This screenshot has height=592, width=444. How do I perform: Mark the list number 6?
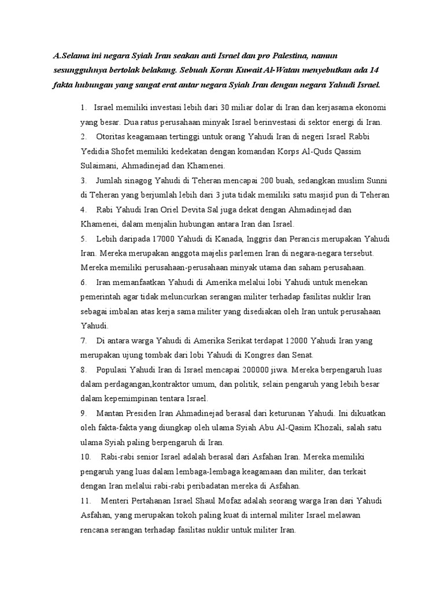pyautogui.click(x=84, y=282)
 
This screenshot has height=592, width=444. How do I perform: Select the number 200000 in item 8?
pyautogui.click(x=242, y=369)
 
